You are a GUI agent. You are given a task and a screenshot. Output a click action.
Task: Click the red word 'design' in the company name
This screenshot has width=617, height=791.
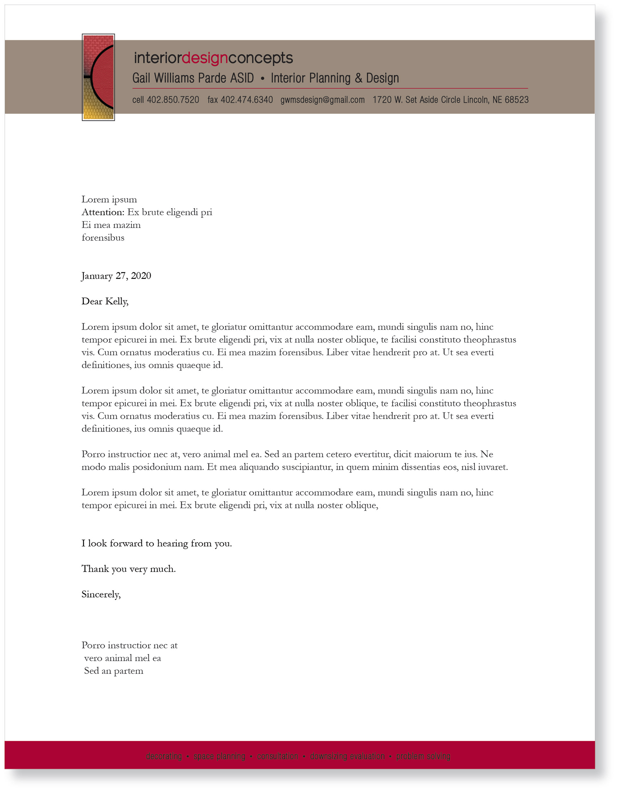click(x=204, y=58)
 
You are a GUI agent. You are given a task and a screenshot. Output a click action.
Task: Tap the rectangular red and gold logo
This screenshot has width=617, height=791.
click(x=98, y=77)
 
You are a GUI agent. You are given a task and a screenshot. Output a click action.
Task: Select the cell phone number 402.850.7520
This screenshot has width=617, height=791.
click(x=173, y=100)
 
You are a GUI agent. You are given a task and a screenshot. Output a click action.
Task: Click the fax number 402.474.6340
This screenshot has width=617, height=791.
click(x=247, y=100)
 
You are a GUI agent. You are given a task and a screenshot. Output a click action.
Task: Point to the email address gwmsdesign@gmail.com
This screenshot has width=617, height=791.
click(x=322, y=100)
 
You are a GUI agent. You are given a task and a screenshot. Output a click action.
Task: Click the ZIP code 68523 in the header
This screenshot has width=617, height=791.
click(x=516, y=100)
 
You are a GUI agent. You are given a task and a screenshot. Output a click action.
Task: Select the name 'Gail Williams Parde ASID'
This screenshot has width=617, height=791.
click(x=193, y=78)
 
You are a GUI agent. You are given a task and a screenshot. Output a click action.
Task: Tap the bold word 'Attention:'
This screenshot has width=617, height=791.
click(x=103, y=212)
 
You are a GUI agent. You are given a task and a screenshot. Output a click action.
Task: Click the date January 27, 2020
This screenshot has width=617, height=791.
click(x=116, y=276)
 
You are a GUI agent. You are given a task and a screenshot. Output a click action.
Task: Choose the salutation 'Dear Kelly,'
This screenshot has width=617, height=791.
click(x=105, y=301)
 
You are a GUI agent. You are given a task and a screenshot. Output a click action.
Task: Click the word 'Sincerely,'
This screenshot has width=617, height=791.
click(x=101, y=594)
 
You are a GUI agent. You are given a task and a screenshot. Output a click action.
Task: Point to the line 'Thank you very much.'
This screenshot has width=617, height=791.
click(x=129, y=569)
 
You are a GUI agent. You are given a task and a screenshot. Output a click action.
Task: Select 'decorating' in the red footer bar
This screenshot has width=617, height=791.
click(x=164, y=756)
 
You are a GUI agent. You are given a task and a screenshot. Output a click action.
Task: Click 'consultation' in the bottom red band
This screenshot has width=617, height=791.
click(x=278, y=756)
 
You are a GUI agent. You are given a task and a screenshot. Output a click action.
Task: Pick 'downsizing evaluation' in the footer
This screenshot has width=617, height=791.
click(x=347, y=756)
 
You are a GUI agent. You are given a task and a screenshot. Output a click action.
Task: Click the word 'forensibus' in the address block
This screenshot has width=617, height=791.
click(x=103, y=238)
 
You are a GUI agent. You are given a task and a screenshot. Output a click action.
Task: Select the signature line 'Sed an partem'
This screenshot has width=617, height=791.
click(x=114, y=671)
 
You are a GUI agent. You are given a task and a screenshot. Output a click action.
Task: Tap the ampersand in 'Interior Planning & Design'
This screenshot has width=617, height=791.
click(x=358, y=78)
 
